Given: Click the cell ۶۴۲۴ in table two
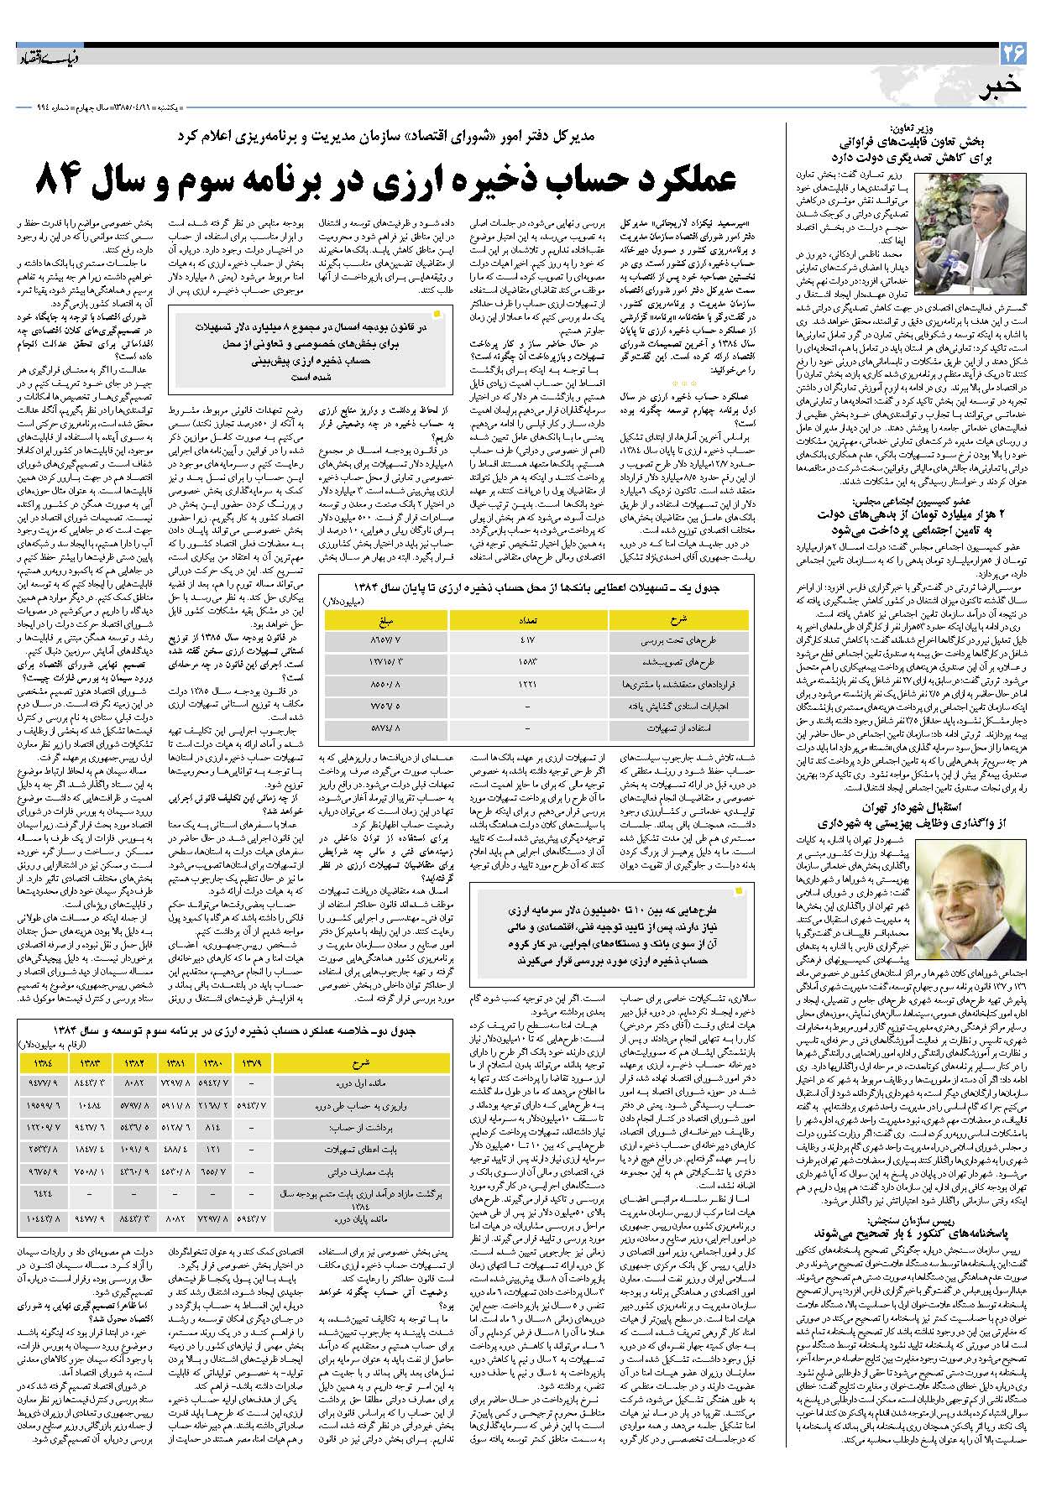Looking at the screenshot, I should pos(43,1192).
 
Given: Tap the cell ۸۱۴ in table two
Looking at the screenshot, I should pos(212,1127).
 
